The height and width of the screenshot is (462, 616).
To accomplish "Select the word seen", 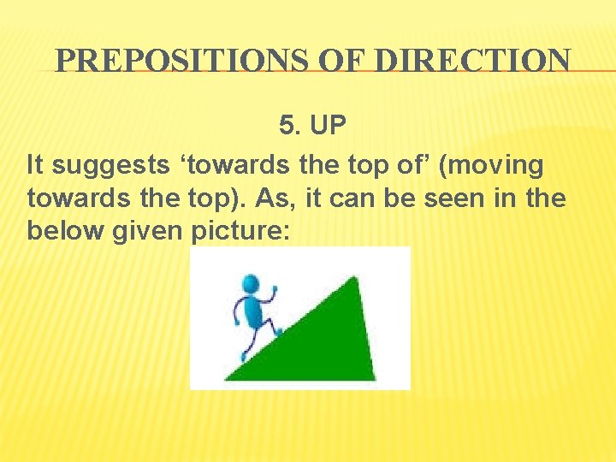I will click(477, 198).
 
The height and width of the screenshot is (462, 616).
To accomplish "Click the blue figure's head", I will click(250, 283).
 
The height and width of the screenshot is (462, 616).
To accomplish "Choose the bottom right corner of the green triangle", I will click(373, 379).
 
